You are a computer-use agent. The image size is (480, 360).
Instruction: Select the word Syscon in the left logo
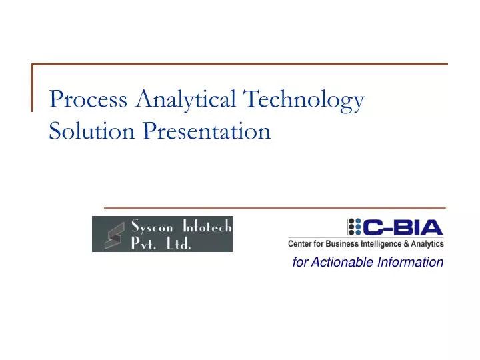pyautogui.click(x=151, y=226)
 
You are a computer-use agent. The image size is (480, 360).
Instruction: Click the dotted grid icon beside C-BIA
pyautogui.click(x=354, y=227)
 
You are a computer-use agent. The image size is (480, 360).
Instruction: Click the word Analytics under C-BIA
pyautogui.click(x=426, y=244)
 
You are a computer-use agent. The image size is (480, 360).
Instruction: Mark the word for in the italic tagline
pyautogui.click(x=299, y=262)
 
